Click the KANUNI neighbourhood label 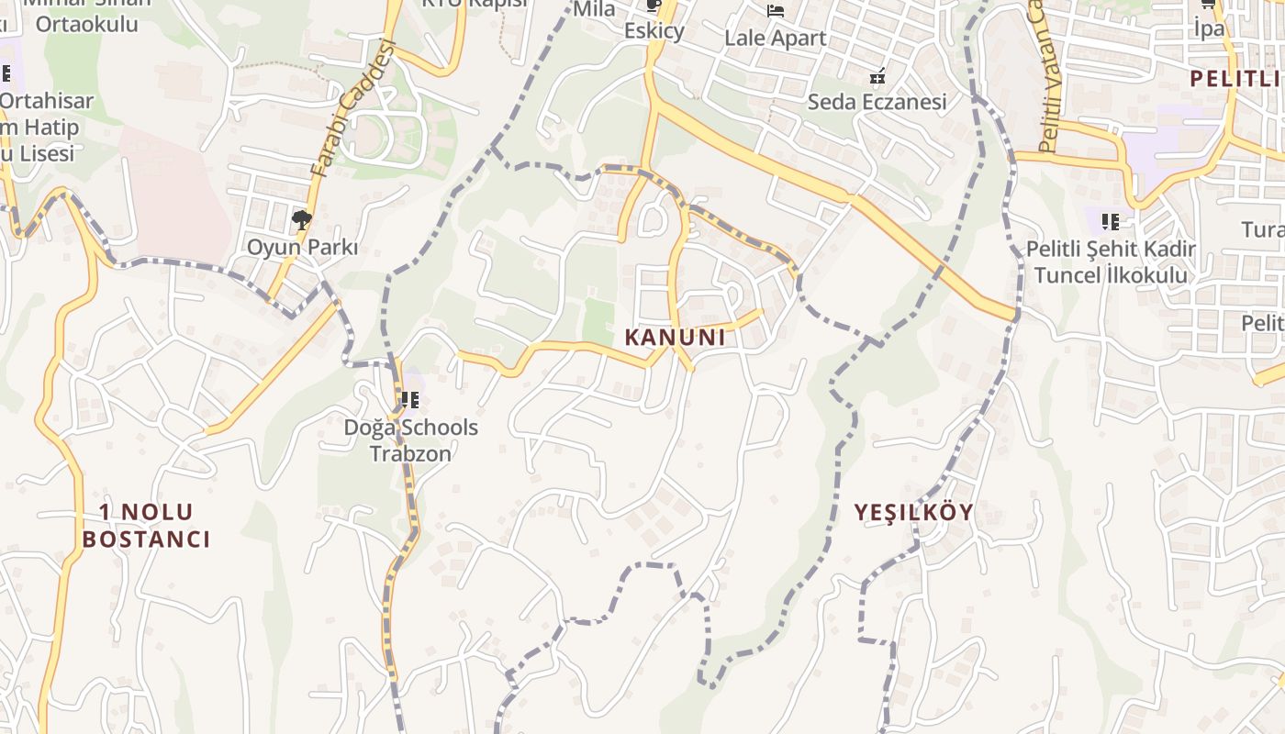tap(675, 338)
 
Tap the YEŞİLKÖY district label tap(913, 512)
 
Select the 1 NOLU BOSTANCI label tap(146, 526)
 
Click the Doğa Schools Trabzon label tap(410, 440)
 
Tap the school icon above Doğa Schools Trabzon tap(409, 400)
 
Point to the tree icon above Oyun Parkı tap(301, 220)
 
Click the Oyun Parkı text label tap(302, 248)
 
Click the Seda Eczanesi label tap(877, 102)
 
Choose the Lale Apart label tap(776, 39)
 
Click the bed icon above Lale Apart tap(776, 11)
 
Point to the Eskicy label tap(654, 31)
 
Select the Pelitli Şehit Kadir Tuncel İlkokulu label tap(1111, 261)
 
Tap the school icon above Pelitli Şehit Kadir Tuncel tap(1111, 221)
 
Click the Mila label tap(594, 9)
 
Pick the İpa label tap(1209, 28)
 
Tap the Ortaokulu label tap(87, 25)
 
